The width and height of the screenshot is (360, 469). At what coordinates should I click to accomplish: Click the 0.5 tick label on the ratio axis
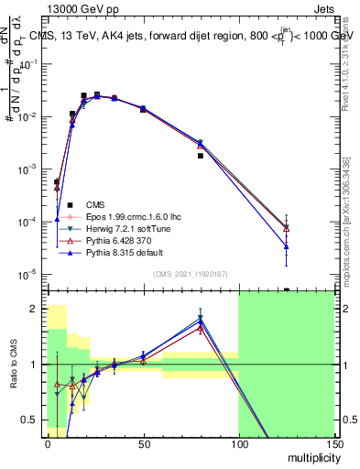point(34,420)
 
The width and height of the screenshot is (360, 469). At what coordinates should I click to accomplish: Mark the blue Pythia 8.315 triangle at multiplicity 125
point(287,245)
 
